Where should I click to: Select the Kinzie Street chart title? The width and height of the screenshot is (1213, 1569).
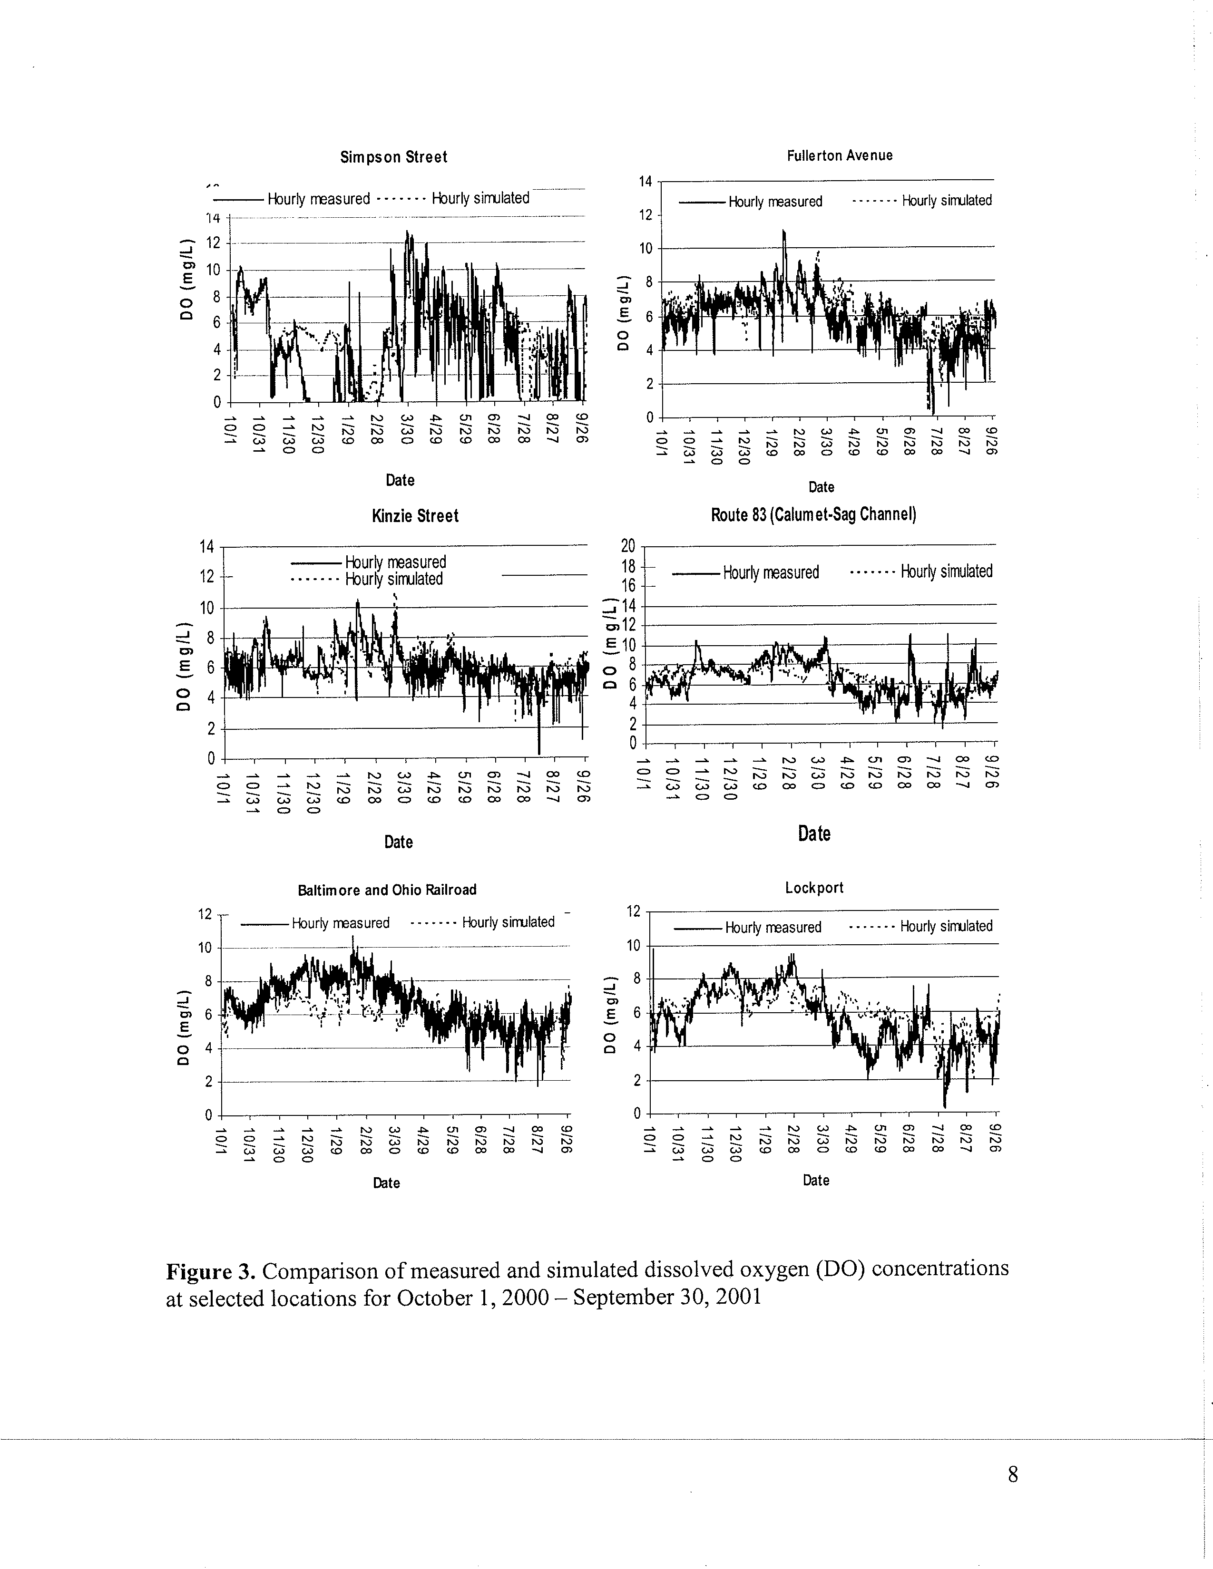(415, 516)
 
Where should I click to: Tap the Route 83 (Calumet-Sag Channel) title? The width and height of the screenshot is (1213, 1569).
(813, 515)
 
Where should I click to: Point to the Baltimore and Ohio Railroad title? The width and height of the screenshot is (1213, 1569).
(387, 890)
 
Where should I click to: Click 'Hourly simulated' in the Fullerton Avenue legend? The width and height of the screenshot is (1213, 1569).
(947, 201)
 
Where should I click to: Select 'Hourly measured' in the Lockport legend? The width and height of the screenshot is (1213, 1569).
(773, 928)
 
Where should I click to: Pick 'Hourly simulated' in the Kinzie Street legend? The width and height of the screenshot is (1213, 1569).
(394, 579)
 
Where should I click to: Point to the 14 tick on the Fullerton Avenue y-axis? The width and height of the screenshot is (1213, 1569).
(646, 182)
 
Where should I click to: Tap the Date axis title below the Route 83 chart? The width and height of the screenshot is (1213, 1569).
(813, 834)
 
